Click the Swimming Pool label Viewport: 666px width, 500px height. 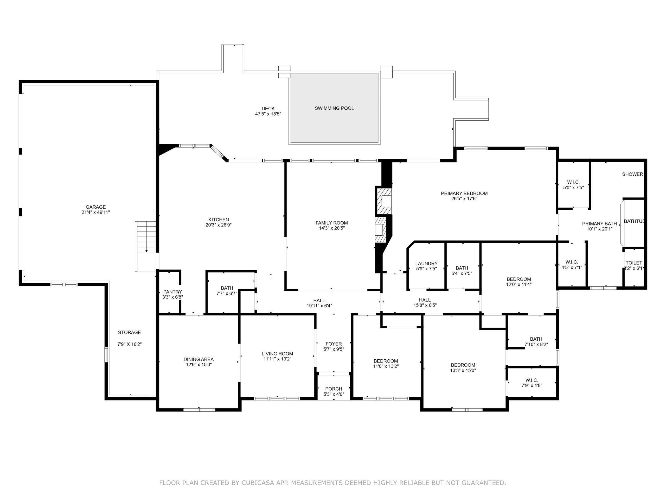click(x=334, y=108)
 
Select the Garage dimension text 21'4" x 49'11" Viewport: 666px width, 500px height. click(x=96, y=212)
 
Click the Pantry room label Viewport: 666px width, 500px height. click(x=172, y=292)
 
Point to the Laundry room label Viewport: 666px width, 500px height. click(x=426, y=264)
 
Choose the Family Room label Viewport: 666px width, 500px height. click(x=331, y=223)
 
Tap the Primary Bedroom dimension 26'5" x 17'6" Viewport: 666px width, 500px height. click(x=464, y=199)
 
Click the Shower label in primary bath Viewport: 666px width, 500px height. click(x=633, y=174)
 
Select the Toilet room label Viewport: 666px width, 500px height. click(x=634, y=263)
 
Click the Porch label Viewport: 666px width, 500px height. click(x=334, y=389)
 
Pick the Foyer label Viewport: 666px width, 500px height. click(x=334, y=344)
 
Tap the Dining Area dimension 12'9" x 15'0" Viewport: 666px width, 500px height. click(x=199, y=364)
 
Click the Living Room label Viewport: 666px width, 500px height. click(x=277, y=354)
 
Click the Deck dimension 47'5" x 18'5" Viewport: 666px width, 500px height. click(x=268, y=114)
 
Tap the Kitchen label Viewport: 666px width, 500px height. click(x=219, y=220)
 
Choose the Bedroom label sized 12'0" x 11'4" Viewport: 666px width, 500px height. click(x=519, y=279)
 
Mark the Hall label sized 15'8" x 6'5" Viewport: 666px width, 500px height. click(x=425, y=300)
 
